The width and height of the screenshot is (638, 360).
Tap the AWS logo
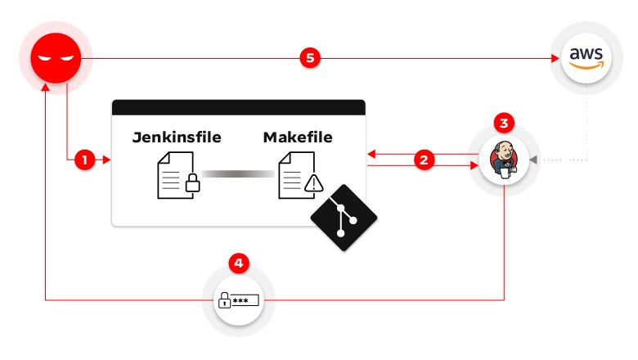click(586, 58)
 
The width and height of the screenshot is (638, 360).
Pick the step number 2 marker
click(423, 160)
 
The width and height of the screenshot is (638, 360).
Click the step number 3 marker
click(505, 124)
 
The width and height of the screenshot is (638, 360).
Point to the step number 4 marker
click(238, 263)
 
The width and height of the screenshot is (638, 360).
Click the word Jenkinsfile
click(177, 137)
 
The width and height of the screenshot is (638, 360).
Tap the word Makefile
click(298, 137)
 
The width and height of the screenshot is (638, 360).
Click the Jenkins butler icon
click(504, 162)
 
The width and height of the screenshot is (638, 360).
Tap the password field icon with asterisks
click(238, 300)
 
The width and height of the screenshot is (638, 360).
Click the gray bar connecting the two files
click(238, 173)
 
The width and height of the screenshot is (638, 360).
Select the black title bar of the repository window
click(238, 107)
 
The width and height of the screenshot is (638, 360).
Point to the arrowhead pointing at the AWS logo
click(549, 58)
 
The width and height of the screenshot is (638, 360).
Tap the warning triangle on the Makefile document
click(313, 185)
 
